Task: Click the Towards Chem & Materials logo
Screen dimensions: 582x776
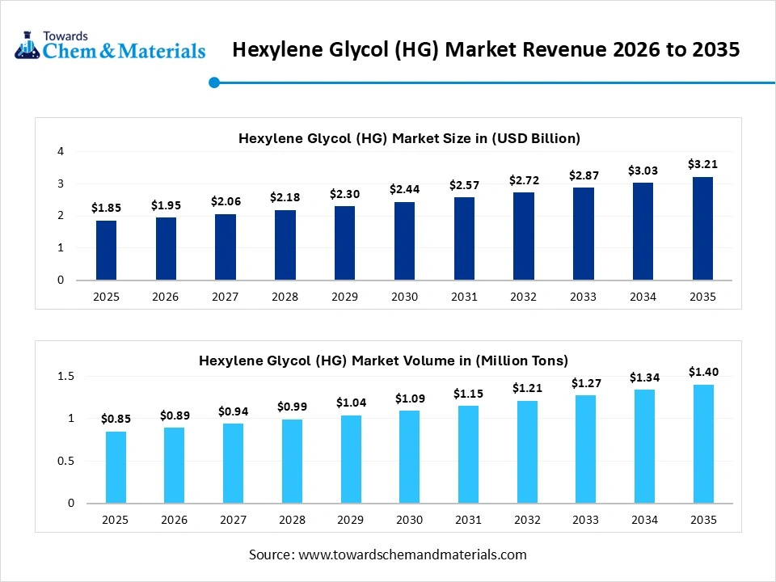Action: tap(110, 46)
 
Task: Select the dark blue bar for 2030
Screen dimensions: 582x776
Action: tap(404, 241)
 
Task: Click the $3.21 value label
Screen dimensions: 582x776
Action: tap(702, 164)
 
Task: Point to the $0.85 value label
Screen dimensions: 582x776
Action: tap(116, 419)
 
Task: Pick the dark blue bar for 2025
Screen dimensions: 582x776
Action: tap(106, 251)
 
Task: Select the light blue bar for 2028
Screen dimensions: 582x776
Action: tap(292, 461)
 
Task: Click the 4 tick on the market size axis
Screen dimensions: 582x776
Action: tap(61, 151)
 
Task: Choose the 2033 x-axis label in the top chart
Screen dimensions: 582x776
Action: tap(583, 297)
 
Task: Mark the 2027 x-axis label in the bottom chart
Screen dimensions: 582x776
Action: tap(233, 520)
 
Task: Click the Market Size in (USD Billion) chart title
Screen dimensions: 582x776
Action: tap(409, 138)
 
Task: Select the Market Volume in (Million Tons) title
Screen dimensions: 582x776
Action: tap(384, 361)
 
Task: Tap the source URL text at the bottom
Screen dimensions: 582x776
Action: tap(388, 555)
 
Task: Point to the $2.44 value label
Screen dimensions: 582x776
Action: tap(404, 189)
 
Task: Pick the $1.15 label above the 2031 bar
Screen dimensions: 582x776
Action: tap(467, 393)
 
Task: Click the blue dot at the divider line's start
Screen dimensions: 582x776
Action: tap(214, 82)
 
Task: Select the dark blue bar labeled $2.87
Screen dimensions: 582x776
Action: tap(583, 234)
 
